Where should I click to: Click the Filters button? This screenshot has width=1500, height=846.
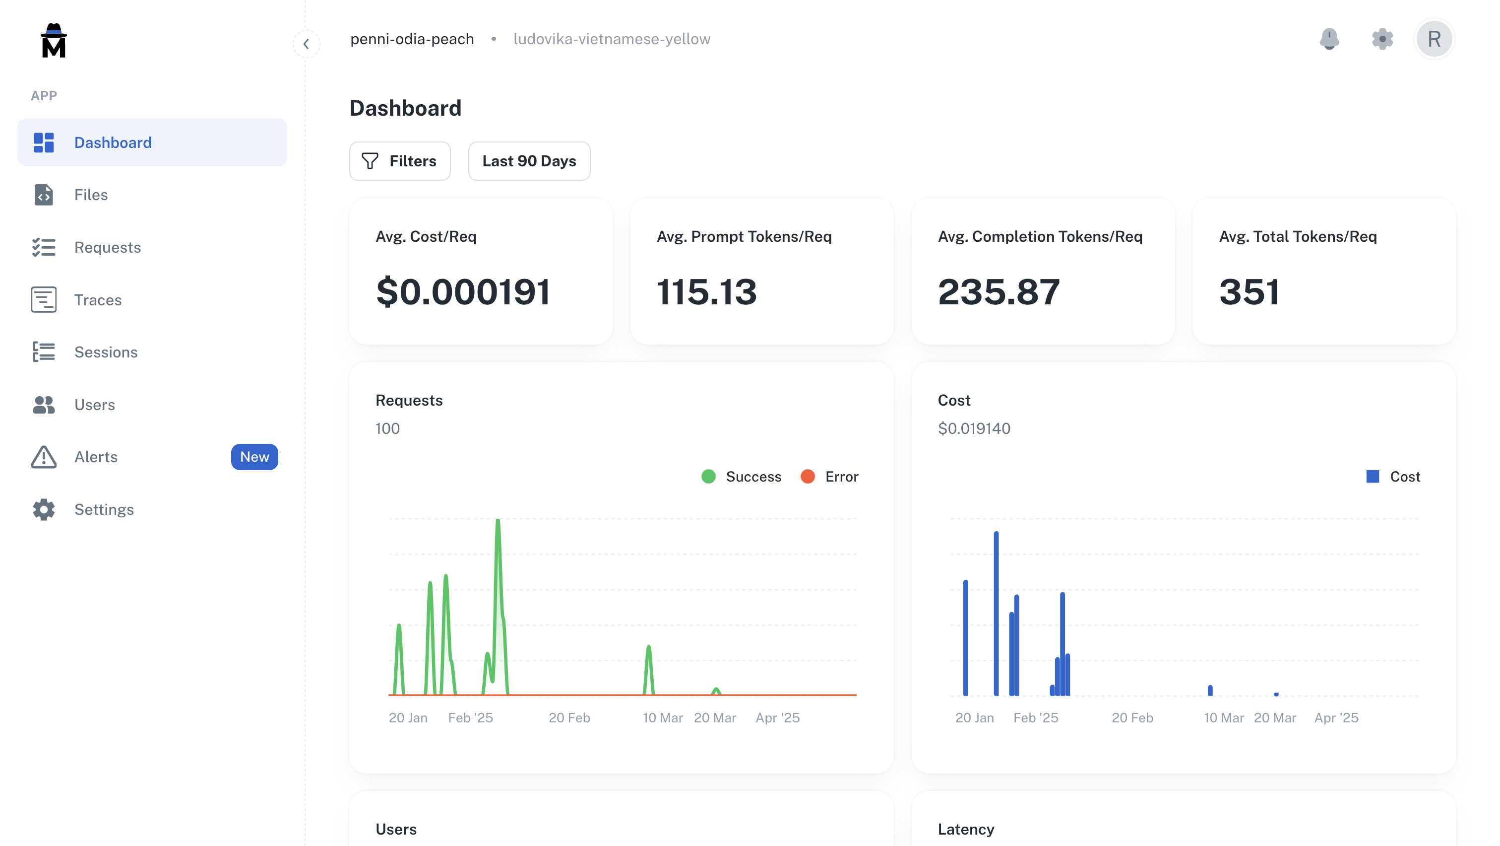click(399, 161)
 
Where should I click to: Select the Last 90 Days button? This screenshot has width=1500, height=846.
click(529, 161)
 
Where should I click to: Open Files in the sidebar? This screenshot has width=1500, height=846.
click(91, 195)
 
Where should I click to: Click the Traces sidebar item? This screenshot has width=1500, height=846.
click(98, 299)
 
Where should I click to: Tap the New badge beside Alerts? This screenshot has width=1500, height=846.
click(254, 457)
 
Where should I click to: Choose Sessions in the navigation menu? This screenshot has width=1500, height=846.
click(105, 352)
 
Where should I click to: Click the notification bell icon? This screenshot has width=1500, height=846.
click(1329, 39)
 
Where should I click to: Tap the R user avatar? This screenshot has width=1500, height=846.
click(1434, 39)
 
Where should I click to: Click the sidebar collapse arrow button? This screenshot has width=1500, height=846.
click(306, 44)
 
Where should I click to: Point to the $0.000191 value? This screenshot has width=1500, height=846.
click(463, 291)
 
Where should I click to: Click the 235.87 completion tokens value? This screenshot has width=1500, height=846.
click(998, 291)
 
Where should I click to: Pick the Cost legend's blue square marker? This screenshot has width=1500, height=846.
click(1373, 477)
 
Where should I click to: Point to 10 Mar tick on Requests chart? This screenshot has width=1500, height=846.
click(663, 718)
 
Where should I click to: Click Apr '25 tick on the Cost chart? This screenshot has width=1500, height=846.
click(1336, 718)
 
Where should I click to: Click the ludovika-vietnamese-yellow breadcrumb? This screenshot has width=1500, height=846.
click(612, 39)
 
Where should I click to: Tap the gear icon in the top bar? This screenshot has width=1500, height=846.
click(1382, 39)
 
